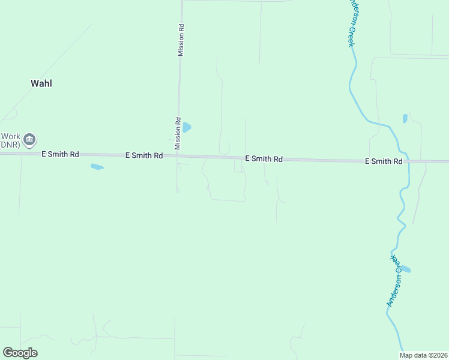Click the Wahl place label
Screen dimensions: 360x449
(x=41, y=83)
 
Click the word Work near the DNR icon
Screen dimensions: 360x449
(x=10, y=136)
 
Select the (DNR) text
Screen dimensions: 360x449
(x=10, y=145)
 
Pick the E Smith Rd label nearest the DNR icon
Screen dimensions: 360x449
(x=60, y=154)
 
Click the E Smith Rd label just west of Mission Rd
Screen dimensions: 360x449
(x=144, y=155)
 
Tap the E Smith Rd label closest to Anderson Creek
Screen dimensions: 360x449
(x=384, y=161)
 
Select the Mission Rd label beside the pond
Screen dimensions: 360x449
(x=178, y=133)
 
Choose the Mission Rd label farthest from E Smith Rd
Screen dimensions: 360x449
(x=181, y=41)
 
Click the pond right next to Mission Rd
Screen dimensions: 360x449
(x=187, y=127)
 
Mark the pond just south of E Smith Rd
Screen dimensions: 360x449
(x=97, y=167)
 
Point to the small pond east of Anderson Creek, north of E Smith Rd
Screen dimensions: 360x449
(x=405, y=118)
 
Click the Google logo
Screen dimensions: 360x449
(x=20, y=353)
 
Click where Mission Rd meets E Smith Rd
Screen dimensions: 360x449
(x=177, y=156)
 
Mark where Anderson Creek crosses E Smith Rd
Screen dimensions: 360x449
(x=409, y=161)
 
